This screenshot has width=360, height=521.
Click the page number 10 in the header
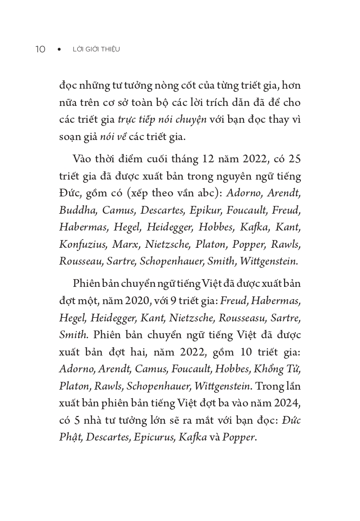pos(40,49)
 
